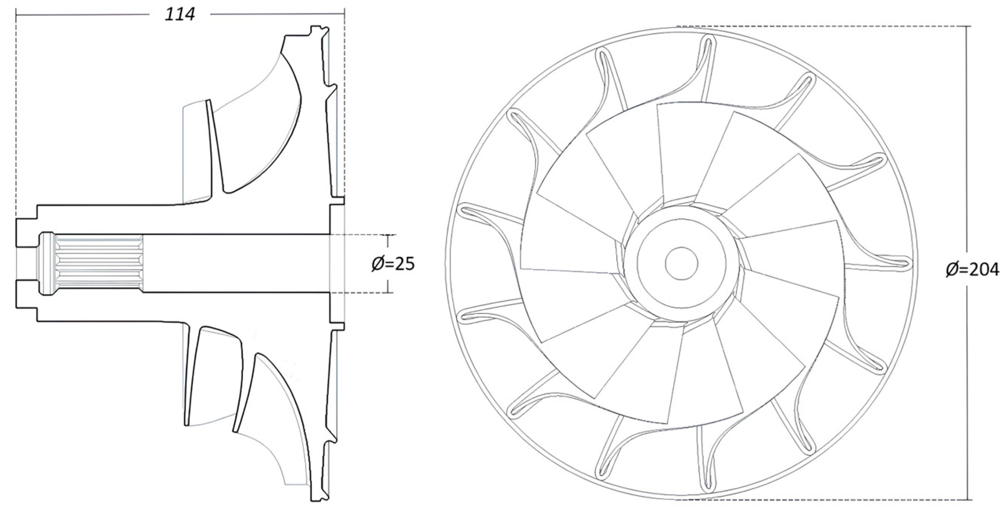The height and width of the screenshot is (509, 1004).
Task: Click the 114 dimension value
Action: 180,15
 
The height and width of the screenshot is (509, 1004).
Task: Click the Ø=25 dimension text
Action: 393,264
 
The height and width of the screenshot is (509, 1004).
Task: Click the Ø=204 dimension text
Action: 972,270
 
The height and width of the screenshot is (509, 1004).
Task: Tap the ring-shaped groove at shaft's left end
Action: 46,264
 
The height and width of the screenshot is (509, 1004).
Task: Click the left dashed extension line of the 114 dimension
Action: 16,117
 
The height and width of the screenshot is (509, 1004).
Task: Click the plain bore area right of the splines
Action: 234,264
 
